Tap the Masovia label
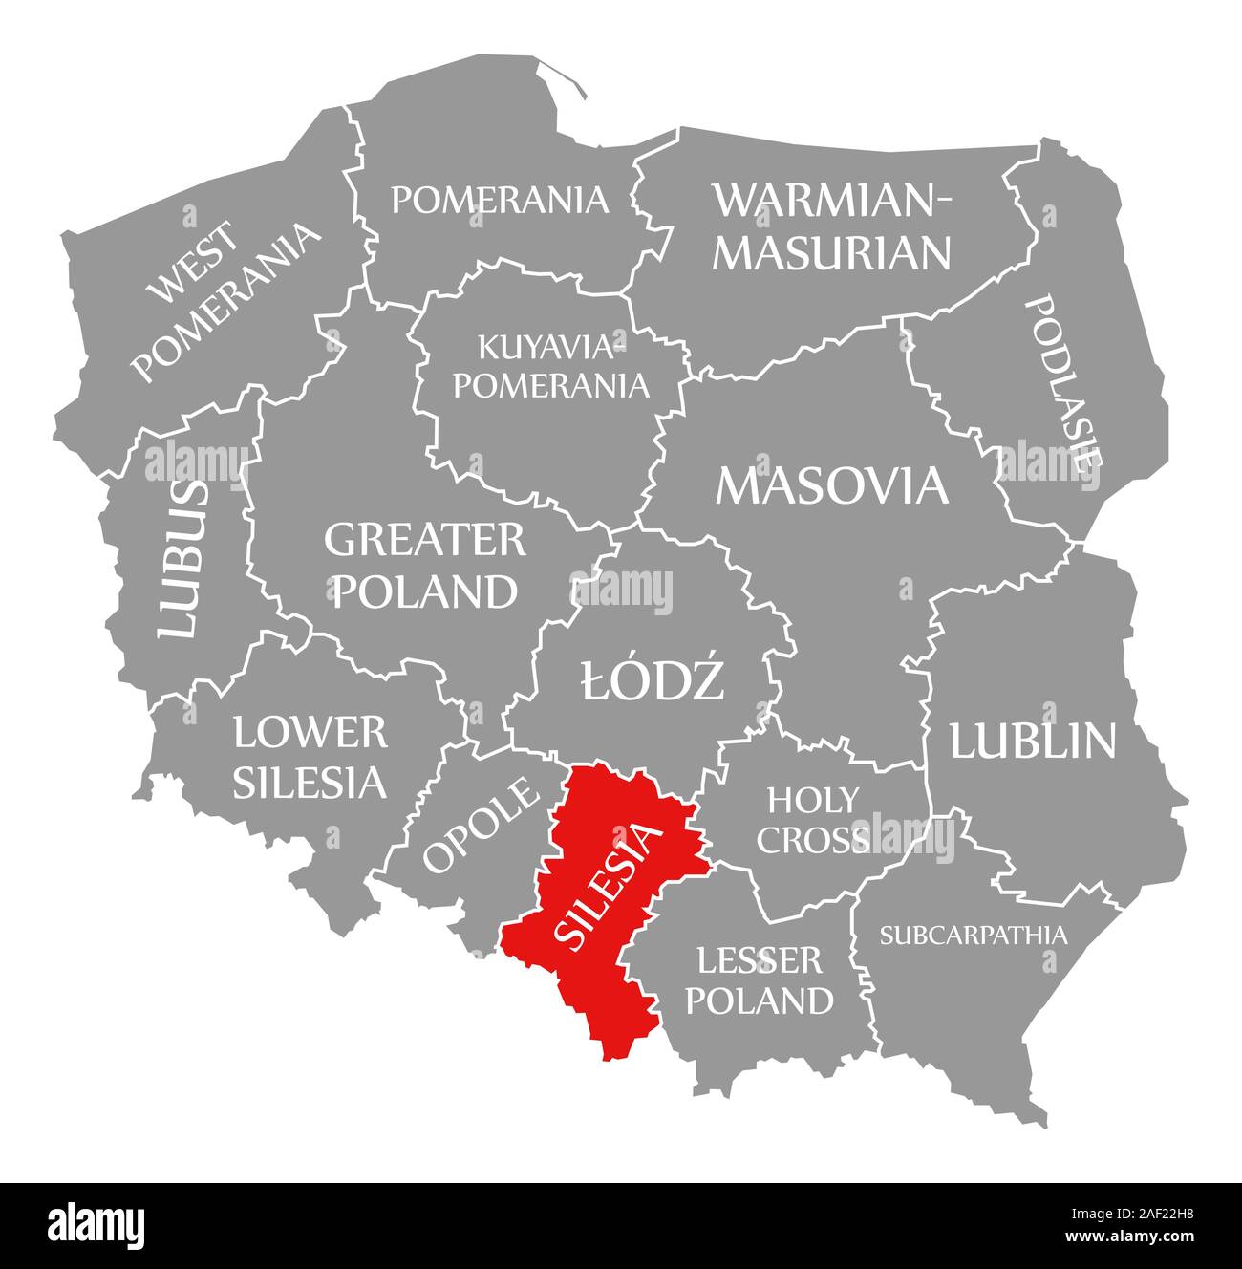[x=832, y=485]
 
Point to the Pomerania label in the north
[x=500, y=200]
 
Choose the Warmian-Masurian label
[x=832, y=226]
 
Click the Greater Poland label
[x=424, y=566]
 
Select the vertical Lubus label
[x=181, y=559]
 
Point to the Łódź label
[x=653, y=681]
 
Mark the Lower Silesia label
[x=310, y=758]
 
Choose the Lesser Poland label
[x=760, y=979]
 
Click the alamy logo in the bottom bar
[x=96, y=1224]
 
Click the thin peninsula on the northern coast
[x=564, y=76]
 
